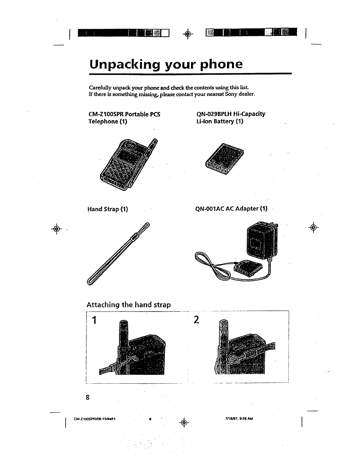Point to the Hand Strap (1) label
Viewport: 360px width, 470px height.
pyautogui.click(x=108, y=209)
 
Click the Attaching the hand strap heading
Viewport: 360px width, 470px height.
pyautogui.click(x=129, y=305)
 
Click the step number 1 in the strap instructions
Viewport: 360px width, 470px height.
pyautogui.click(x=94, y=320)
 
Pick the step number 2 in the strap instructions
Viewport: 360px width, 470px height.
pyautogui.click(x=196, y=320)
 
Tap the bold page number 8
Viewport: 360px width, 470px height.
pyautogui.click(x=88, y=397)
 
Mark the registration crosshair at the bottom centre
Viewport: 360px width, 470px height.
pyautogui.click(x=184, y=422)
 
